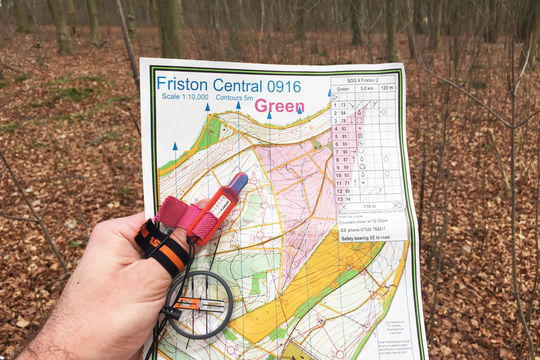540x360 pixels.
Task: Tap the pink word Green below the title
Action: tap(279, 105)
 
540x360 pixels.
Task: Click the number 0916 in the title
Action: tap(283, 86)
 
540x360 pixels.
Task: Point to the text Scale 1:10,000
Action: tap(185, 97)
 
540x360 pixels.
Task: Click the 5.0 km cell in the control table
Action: tap(367, 89)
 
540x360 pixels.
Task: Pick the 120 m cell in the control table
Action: tap(387, 88)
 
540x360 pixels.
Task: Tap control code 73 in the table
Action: tap(343, 105)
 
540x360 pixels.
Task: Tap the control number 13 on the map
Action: tap(350, 259)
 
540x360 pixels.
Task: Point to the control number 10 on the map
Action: tap(272, 207)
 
